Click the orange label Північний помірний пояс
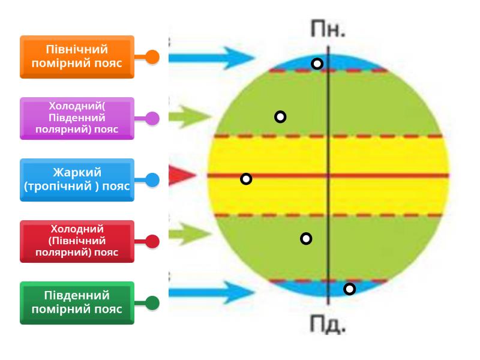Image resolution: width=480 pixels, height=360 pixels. click(77, 56)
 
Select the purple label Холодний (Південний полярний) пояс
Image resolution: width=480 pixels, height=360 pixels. click(77, 118)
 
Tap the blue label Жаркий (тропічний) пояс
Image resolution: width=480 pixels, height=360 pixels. click(77, 179)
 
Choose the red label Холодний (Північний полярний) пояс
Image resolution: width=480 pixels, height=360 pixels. click(77, 241)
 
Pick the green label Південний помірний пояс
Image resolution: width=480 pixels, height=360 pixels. click(77, 303)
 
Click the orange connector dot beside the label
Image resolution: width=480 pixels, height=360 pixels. click(152, 57)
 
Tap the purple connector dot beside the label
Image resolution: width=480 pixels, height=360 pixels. click(152, 118)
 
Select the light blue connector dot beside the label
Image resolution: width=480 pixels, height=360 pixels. click(152, 179)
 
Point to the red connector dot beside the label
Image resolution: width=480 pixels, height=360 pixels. click(152, 241)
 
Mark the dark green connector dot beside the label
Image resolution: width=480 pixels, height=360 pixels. click(152, 303)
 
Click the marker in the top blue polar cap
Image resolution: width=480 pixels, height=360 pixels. click(317, 64)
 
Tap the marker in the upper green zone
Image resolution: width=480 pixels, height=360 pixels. click(280, 116)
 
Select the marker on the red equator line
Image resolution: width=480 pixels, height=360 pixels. click(246, 179)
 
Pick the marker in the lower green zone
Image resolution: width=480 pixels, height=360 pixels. click(306, 239)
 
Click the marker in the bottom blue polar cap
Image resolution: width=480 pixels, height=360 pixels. click(350, 289)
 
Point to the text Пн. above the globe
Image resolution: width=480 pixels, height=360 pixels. click(328, 29)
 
